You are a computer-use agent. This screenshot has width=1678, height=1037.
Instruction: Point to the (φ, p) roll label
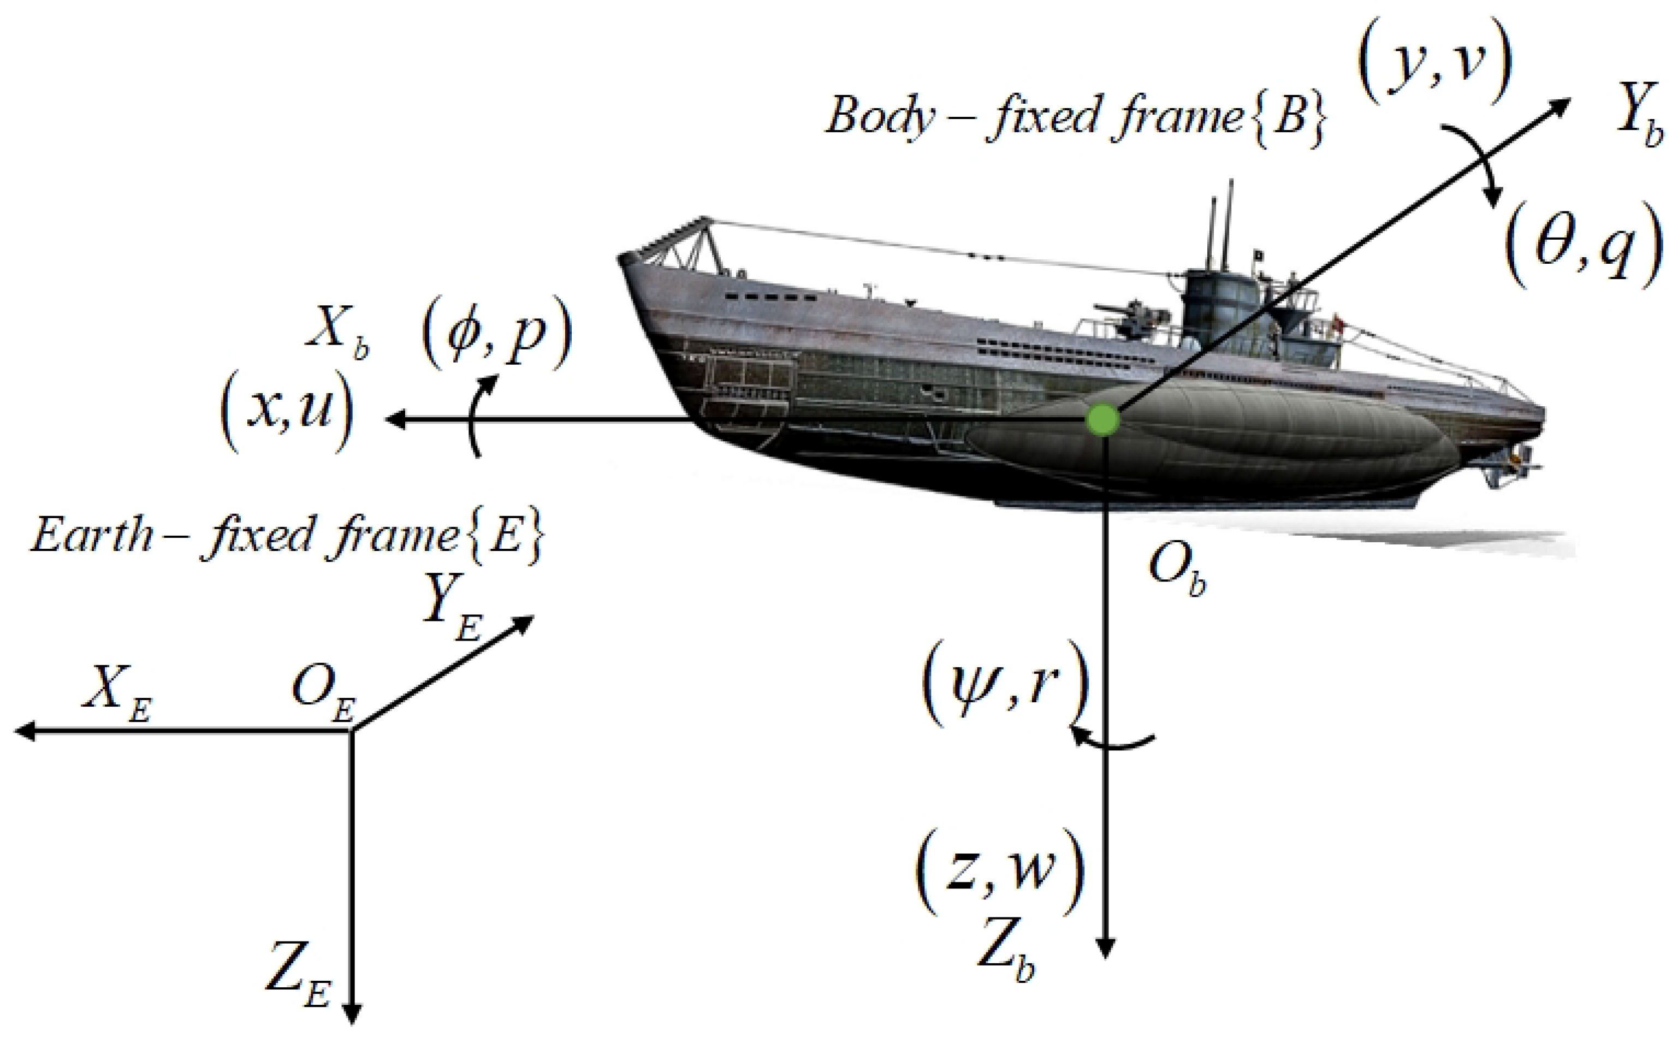[x=496, y=332]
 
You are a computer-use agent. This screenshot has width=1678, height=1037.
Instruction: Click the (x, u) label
[x=286, y=415]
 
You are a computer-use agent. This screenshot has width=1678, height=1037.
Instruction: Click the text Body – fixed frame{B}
[x=1073, y=117]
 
